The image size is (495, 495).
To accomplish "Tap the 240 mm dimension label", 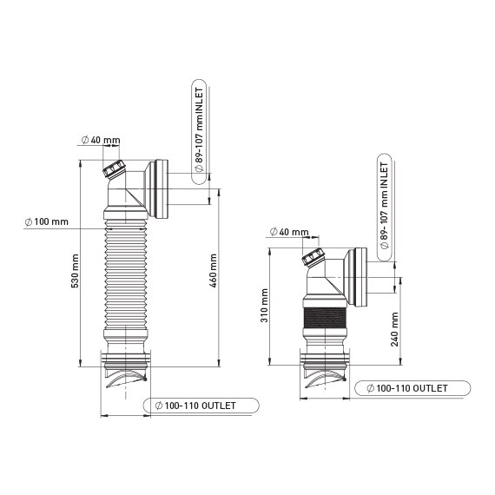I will [395, 329].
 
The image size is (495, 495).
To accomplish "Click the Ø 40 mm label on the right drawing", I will [288, 232].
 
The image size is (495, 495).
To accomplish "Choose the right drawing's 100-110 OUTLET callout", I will [406, 387].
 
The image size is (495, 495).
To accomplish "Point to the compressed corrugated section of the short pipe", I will [326, 327].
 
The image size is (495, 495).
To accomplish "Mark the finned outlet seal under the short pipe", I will [326, 375].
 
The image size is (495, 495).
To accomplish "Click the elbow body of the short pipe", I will [327, 282].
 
